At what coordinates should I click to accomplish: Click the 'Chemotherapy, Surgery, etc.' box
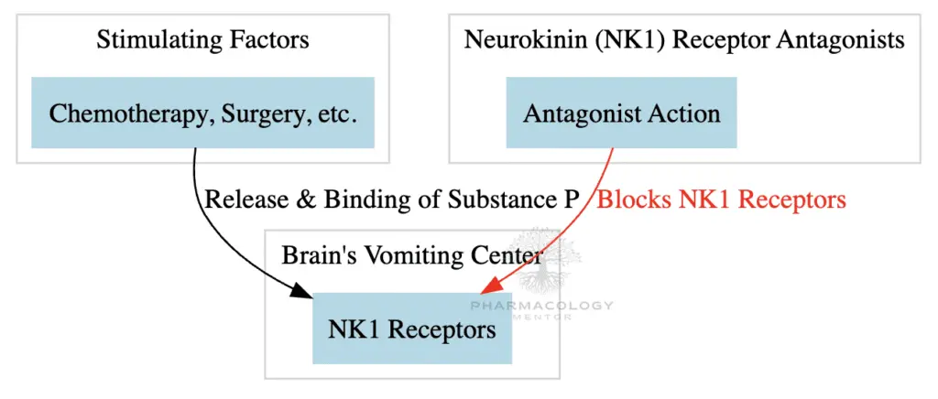(202, 113)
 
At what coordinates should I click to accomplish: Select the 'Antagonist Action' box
(621, 113)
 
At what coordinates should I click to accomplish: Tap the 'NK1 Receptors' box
(411, 329)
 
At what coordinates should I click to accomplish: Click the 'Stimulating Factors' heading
(202, 40)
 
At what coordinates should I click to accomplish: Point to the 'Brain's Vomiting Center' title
(412, 255)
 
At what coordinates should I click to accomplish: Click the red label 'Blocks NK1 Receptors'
(721, 199)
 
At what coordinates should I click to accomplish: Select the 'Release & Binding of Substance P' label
(392, 199)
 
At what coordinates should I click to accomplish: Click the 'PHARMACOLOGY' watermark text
(540, 306)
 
